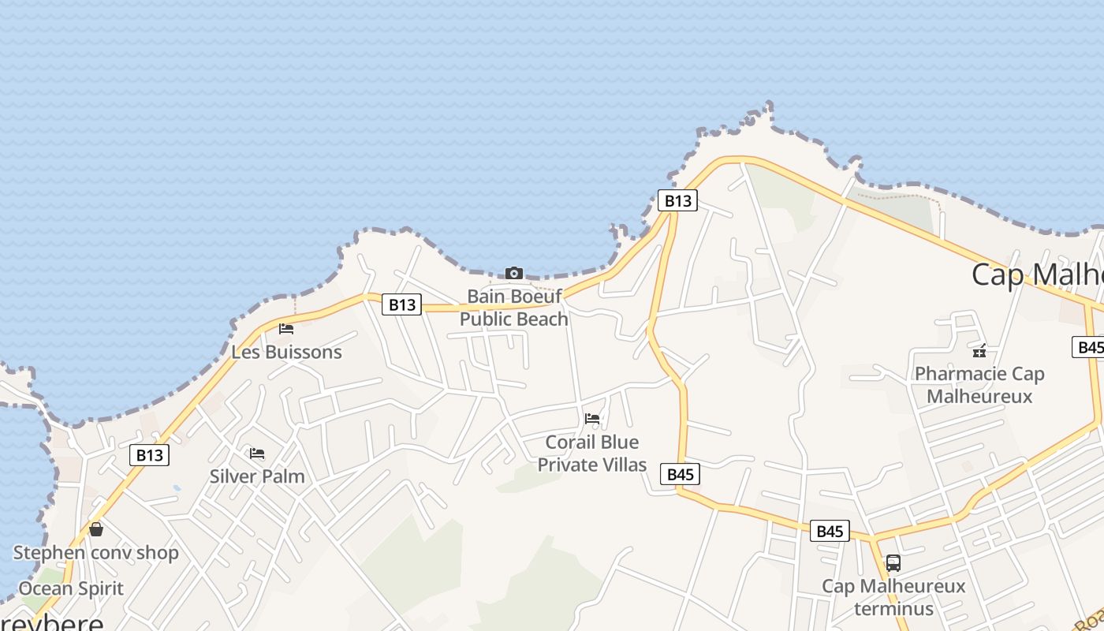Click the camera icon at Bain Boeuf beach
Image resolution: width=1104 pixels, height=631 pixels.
(x=513, y=273)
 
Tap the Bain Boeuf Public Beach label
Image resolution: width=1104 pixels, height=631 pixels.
(x=514, y=308)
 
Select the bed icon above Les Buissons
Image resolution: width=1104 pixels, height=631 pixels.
(x=286, y=328)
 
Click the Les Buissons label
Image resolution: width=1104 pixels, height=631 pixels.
(x=286, y=352)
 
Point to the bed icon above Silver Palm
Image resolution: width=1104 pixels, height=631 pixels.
(x=257, y=453)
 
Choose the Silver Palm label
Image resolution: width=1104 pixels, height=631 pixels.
(x=257, y=476)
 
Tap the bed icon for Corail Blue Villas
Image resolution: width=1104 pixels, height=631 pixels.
(x=592, y=418)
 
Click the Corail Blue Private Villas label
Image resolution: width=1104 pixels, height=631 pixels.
(x=592, y=454)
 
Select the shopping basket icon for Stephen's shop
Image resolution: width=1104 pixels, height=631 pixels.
(x=96, y=529)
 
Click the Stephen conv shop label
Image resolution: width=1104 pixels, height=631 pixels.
(x=96, y=553)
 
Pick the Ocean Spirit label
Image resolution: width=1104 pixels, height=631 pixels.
(x=71, y=588)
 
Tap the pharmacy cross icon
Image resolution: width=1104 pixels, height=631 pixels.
(x=979, y=351)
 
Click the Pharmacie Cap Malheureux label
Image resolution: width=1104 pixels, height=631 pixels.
(x=979, y=385)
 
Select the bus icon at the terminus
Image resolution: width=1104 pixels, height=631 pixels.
(x=893, y=563)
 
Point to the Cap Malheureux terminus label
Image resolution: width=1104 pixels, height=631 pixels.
(x=893, y=597)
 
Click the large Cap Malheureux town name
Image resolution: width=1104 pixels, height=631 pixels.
(x=1037, y=274)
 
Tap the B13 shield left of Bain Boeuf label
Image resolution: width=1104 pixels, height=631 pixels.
(x=401, y=304)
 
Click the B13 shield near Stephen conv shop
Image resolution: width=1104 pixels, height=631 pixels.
(x=149, y=454)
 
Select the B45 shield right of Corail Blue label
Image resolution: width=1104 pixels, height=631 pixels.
(x=681, y=474)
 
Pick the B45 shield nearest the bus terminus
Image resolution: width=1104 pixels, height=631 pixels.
(x=830, y=531)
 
